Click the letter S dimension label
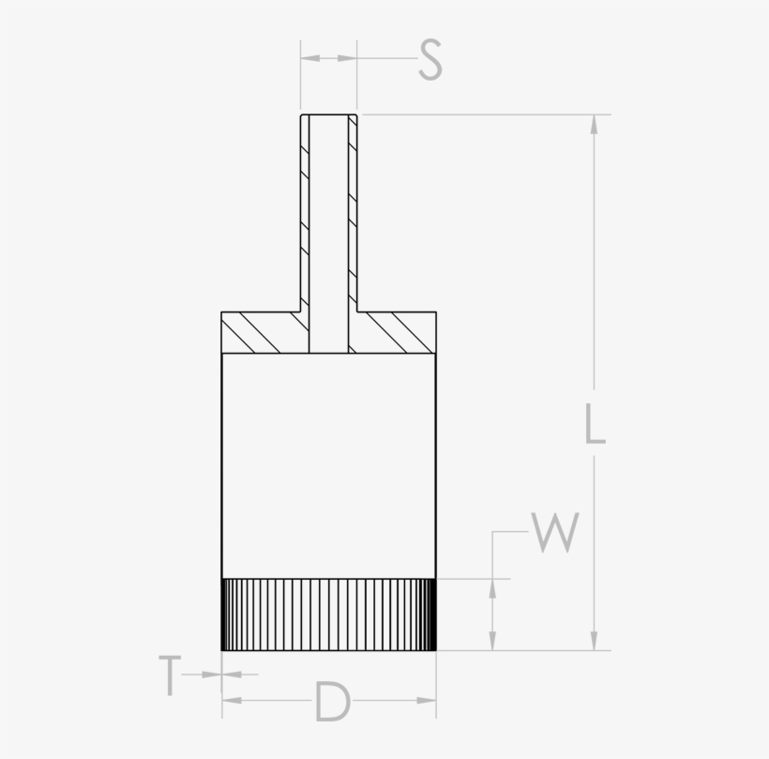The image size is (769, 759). pos(430,60)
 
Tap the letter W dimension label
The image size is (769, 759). pos(554,532)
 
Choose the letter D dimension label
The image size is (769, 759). pos(331,702)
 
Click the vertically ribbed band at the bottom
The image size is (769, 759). pos(328,615)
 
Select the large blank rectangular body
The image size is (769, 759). pos(328,465)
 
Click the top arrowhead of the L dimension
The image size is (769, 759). pos(594,124)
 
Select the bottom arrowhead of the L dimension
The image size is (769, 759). pos(594,641)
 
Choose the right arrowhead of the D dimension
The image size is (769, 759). pos(428,700)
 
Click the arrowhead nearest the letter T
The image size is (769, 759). pos(214,674)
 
